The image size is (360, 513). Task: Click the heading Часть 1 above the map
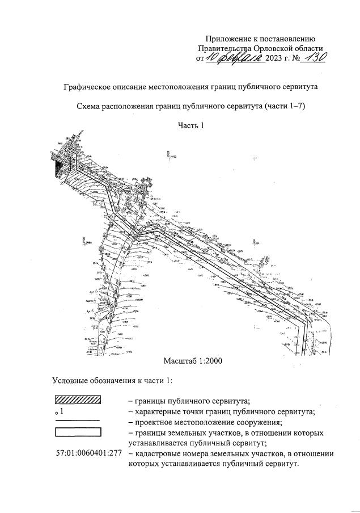coord(190,125)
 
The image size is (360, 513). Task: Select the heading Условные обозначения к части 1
coord(112,380)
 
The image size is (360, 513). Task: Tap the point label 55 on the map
coord(61,183)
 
